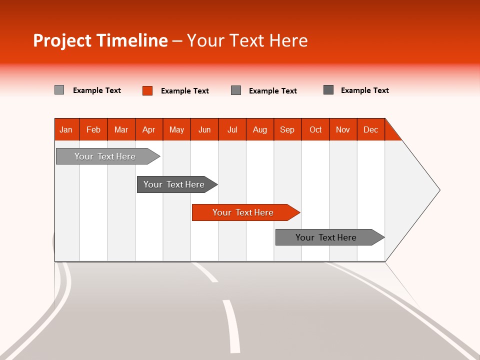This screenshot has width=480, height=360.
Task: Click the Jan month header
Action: pos(66,129)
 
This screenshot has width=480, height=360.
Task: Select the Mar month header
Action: pos(121,129)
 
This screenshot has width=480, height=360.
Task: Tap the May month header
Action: pos(176,129)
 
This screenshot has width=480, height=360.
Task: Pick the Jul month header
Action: pos(232,129)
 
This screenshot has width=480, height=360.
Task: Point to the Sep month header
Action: pos(287,129)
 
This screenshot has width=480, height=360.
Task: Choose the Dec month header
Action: pos(370,129)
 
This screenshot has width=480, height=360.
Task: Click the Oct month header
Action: pos(315,129)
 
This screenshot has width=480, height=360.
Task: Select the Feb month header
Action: pos(93,129)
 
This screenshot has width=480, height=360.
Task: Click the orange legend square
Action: pos(147,90)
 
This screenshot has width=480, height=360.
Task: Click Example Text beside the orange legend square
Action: pos(184,91)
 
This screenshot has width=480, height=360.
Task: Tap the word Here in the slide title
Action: pos(288,40)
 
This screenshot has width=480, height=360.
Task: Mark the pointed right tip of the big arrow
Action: pos(438,190)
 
